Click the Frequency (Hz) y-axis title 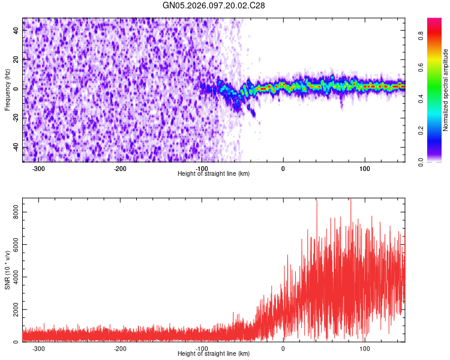7,89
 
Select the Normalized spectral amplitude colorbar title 445,91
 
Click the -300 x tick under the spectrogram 39,169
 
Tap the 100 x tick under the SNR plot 364,349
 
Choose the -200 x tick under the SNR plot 120,349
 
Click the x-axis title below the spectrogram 214,174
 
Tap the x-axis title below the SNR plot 214,354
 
